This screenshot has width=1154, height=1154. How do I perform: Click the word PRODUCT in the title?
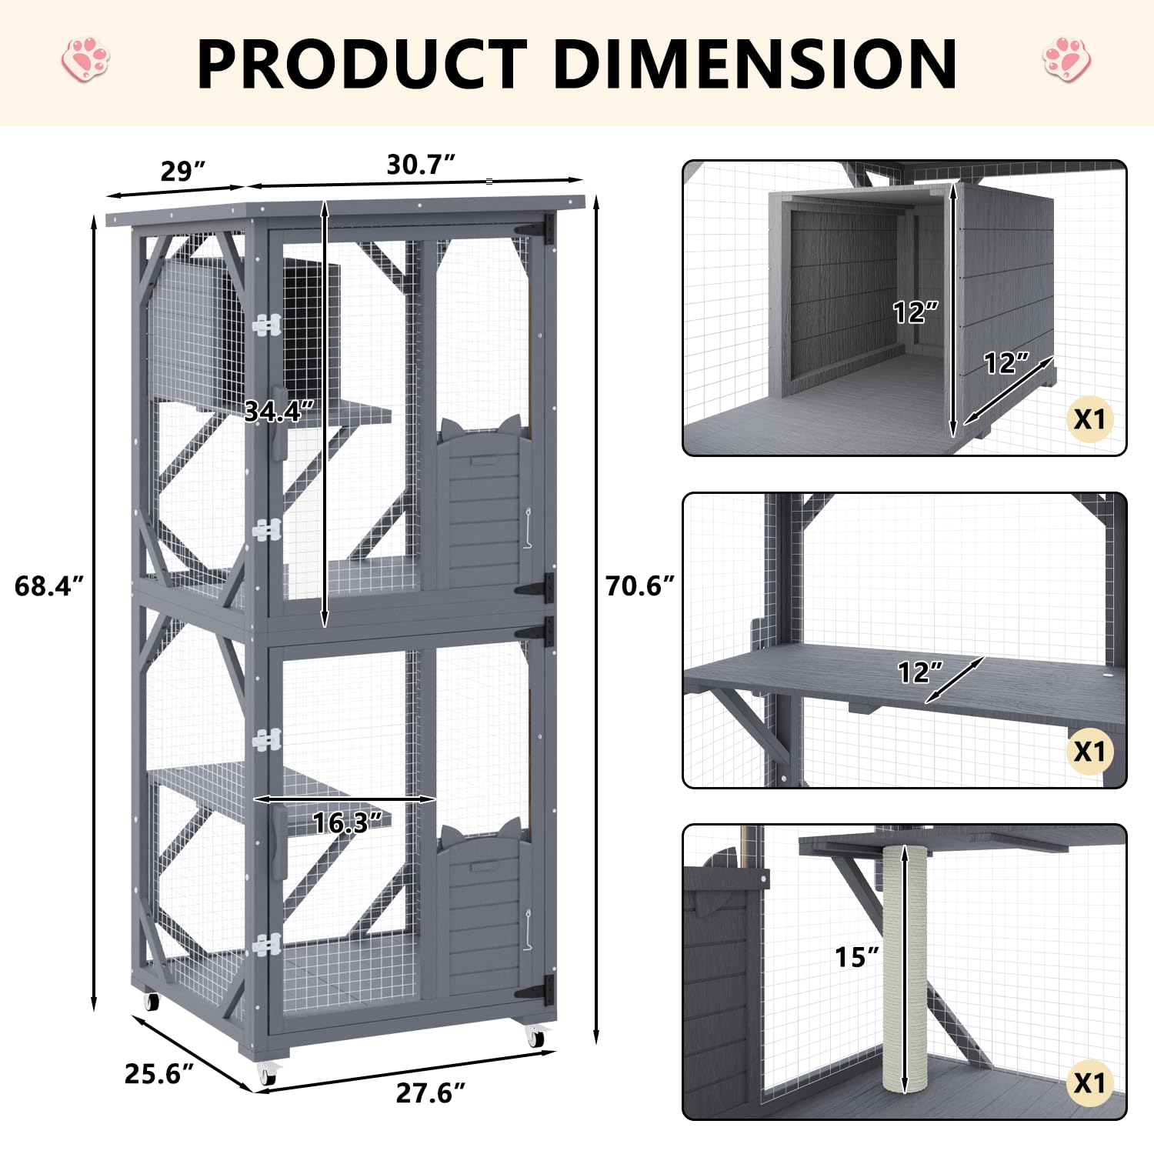coord(362,64)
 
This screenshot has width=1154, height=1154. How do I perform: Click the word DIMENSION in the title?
coord(755,64)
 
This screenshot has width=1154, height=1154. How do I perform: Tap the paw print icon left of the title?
coord(85,59)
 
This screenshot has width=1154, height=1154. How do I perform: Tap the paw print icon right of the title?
coord(1067,58)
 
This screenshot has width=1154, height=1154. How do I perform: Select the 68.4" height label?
coord(48,586)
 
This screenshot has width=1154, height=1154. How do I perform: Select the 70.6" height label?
coord(640,586)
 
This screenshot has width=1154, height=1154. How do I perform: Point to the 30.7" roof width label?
coord(421,164)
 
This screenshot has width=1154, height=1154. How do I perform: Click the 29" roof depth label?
coord(183,171)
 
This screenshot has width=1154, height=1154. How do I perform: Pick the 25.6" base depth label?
coord(159,1073)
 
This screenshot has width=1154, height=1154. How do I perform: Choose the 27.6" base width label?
coord(431,1092)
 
